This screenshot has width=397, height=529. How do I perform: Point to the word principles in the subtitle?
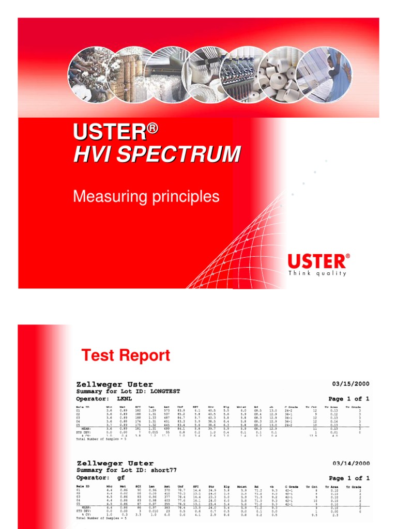185,197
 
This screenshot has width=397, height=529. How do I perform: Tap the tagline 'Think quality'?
317,273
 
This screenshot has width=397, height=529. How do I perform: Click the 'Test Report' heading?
126,355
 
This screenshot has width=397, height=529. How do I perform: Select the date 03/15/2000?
349,384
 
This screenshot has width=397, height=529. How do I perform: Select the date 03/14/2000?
349,463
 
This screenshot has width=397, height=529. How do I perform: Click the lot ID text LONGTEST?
165,392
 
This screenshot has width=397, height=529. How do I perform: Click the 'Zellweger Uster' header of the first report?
115,384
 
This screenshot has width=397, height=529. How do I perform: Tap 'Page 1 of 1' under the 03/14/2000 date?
349,478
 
